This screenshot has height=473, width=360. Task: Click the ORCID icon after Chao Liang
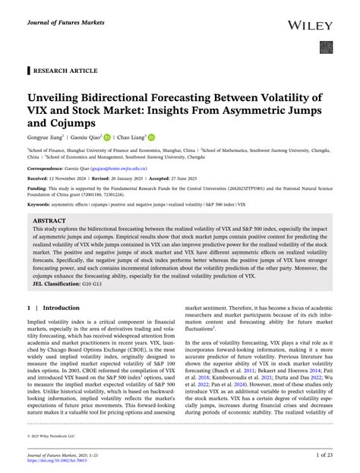point(173,138)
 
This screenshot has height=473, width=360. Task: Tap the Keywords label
point(40,205)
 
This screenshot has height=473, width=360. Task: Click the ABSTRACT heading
point(49,220)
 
